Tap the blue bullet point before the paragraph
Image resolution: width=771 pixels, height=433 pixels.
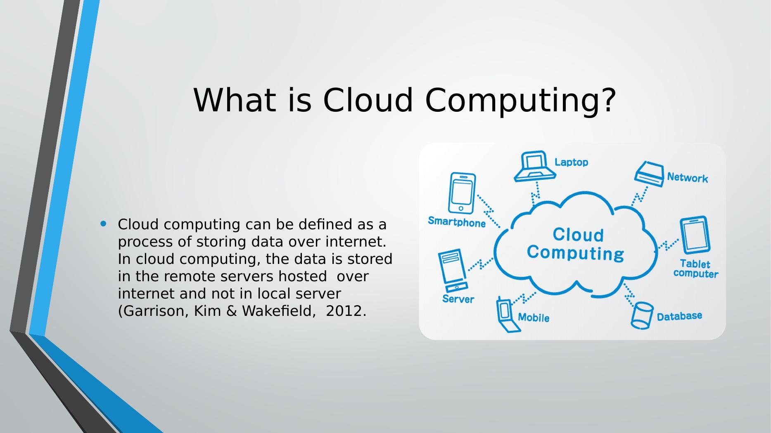103,224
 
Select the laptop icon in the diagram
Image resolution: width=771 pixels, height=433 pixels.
535,166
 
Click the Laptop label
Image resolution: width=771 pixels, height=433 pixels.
571,162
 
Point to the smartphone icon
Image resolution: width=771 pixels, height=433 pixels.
463,193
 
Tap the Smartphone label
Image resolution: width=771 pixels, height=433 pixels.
457,222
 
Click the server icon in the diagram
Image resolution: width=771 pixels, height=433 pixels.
452,270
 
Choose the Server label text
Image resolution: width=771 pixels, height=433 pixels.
458,299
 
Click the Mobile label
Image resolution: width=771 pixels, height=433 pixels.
534,318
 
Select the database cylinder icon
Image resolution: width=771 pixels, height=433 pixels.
642,315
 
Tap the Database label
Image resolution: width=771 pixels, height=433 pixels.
679,316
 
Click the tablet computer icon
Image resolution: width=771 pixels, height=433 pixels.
695,235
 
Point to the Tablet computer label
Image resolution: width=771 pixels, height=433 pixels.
696,268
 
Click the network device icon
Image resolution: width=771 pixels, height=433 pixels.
649,174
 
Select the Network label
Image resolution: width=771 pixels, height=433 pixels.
688,178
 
